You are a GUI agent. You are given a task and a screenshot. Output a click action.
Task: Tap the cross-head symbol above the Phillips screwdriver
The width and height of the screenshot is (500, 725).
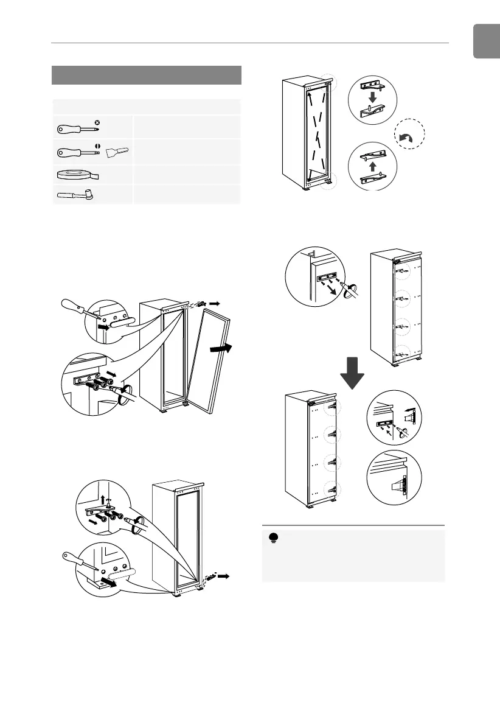(x=98, y=122)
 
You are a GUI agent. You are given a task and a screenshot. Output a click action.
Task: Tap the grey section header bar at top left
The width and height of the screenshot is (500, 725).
(x=147, y=75)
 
